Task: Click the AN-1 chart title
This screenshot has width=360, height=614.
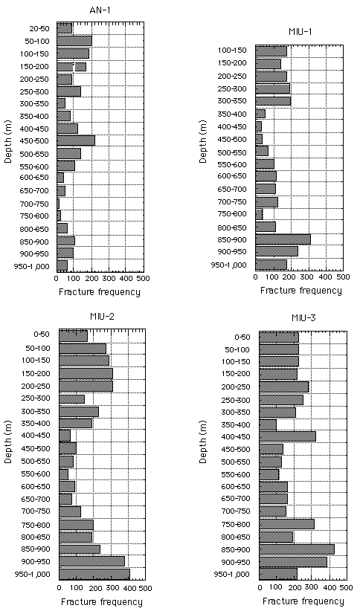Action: [x=100, y=10]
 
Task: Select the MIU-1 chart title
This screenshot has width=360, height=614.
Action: [x=300, y=33]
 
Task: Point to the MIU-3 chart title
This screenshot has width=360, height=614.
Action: [x=303, y=318]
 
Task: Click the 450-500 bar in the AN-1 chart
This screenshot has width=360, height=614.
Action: [x=76, y=140]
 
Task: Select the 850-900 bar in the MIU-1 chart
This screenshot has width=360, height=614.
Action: [x=283, y=239]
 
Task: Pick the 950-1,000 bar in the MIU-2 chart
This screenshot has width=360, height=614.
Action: [x=94, y=575]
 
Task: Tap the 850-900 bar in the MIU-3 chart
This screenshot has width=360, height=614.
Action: [x=297, y=549]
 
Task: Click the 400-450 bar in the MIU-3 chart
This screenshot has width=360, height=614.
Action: [x=288, y=436]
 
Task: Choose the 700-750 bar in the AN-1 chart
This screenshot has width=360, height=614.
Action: [x=58, y=204]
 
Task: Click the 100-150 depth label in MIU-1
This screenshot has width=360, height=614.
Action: [x=232, y=51]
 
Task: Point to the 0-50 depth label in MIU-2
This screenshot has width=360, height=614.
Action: [x=42, y=335]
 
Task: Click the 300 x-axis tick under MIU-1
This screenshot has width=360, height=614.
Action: [x=309, y=277]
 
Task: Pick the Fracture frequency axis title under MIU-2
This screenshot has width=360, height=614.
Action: [x=102, y=602]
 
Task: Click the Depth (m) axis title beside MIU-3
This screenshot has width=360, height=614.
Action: [x=202, y=442]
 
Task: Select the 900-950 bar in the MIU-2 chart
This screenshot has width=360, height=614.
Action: [x=92, y=561]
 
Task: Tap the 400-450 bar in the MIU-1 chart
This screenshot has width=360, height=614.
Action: [x=259, y=126]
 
